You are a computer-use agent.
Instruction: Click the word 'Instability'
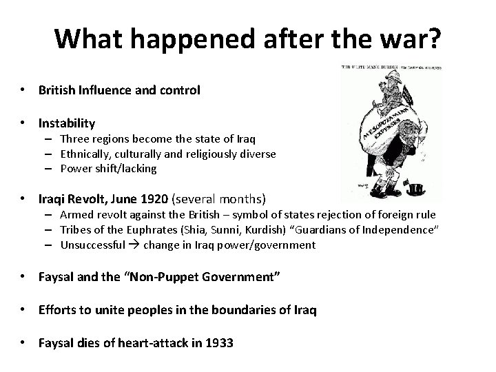[x=67, y=123]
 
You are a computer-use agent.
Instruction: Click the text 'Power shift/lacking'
[x=108, y=169]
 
